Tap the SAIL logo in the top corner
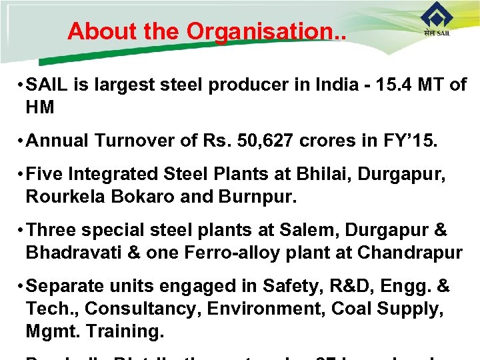pos(437,21)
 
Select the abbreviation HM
pos(40,107)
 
